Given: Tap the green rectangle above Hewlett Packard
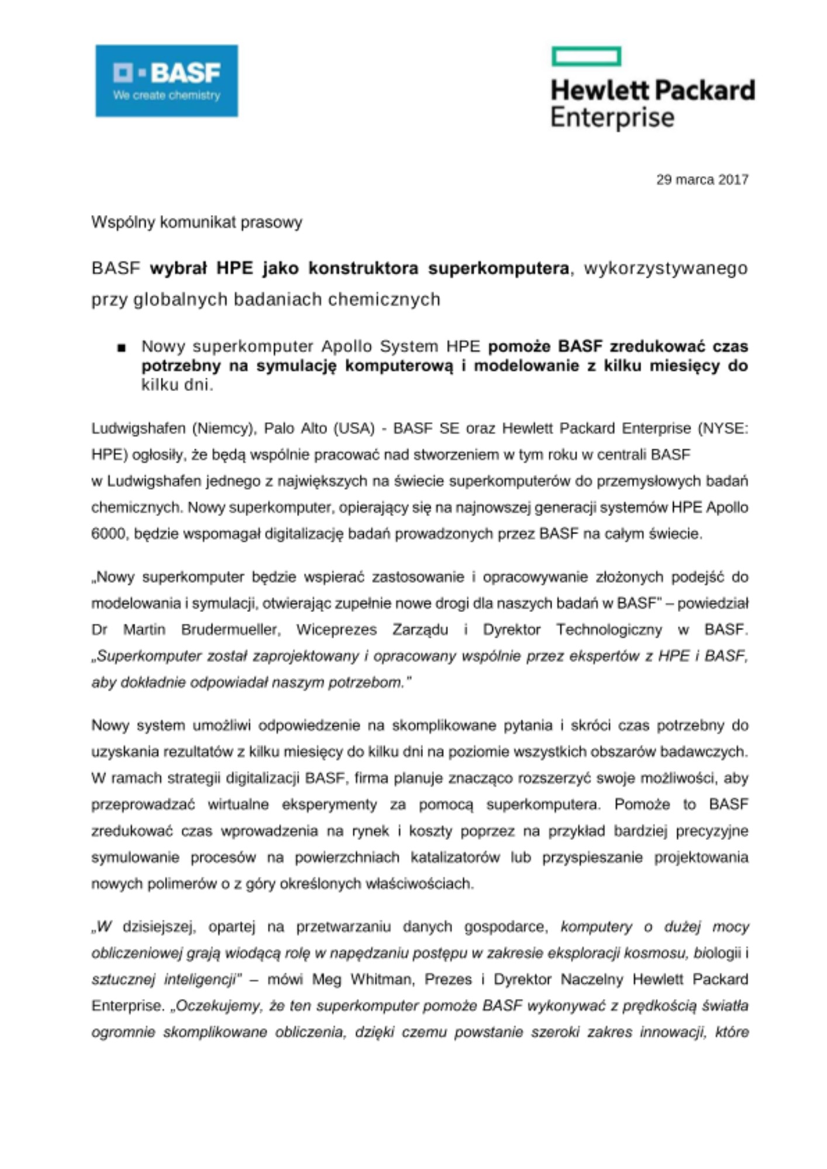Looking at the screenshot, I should pos(585,56).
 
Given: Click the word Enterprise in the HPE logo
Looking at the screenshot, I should pos(612,117).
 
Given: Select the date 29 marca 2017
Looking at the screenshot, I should pos(702,179).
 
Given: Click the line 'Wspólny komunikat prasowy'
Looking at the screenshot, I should pos(197,222).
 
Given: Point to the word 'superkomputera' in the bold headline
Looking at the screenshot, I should pos(498,268).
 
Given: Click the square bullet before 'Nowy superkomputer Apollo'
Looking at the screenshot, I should pos(122,348).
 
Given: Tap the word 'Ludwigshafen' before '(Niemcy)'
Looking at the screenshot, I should pos(138,428).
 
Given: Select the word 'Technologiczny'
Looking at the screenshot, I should pos(609,630).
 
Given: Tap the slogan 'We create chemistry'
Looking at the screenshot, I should pos(167,95).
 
